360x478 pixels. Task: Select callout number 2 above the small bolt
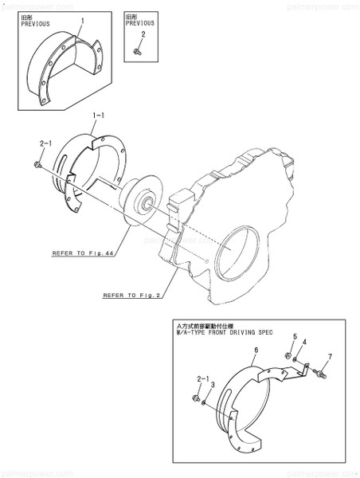coord(143,34)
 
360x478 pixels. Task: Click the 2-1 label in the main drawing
coord(45,143)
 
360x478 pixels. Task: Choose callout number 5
coord(295,336)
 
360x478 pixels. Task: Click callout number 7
coord(329,355)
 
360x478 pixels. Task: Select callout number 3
coord(213,384)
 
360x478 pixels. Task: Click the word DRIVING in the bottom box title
coord(256,332)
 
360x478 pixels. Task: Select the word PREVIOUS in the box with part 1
coord(29,25)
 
